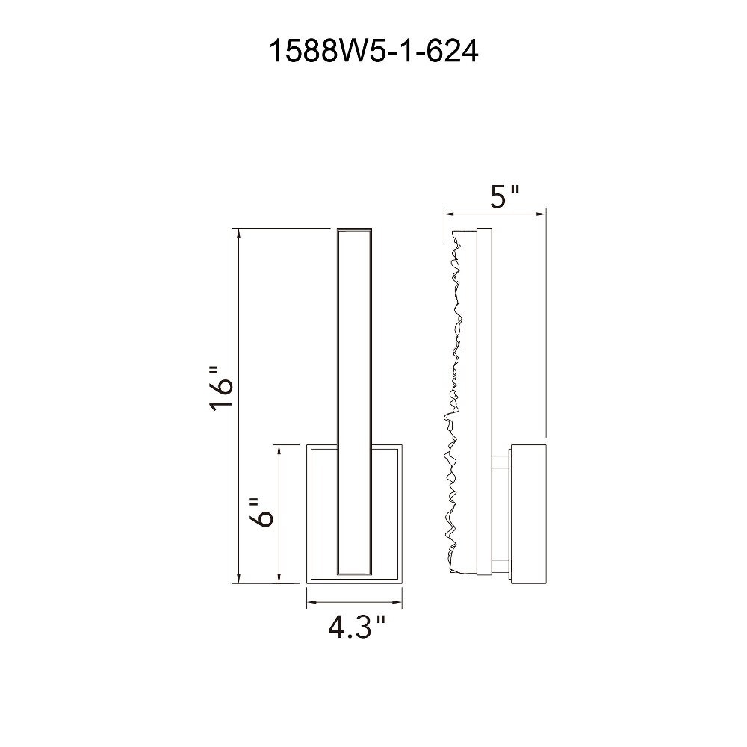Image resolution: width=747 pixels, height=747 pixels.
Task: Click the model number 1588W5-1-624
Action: [373, 51]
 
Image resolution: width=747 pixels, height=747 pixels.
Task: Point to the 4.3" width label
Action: [356, 627]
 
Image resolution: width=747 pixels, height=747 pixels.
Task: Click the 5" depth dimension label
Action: [504, 196]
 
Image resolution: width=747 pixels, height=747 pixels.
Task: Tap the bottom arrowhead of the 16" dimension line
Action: [238, 578]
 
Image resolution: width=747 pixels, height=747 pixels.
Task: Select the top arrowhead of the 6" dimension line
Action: [279, 450]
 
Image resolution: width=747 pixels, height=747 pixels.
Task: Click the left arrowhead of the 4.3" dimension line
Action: [311, 602]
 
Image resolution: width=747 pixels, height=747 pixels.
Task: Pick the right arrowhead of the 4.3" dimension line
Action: [397, 602]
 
